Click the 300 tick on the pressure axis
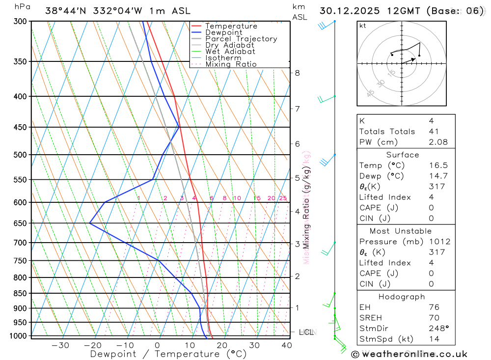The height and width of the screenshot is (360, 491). (x=20, y=21)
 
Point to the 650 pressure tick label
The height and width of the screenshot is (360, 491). (x=20, y=223)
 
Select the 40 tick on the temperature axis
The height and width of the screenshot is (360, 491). (x=287, y=345)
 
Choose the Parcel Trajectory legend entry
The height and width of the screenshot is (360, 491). (x=241, y=39)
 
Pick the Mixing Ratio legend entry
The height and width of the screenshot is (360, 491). (x=231, y=64)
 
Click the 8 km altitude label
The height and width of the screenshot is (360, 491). (x=297, y=73)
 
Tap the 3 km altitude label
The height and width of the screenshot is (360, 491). (x=297, y=244)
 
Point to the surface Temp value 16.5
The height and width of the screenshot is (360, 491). (x=437, y=166)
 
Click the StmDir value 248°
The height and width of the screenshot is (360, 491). (x=437, y=329)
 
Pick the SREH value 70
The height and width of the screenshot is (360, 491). (x=434, y=318)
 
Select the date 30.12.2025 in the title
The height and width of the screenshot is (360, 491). (x=346, y=11)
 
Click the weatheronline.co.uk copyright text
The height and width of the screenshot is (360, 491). (x=409, y=354)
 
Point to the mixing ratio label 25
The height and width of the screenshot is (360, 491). (x=283, y=198)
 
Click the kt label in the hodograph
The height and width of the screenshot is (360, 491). (x=363, y=26)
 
